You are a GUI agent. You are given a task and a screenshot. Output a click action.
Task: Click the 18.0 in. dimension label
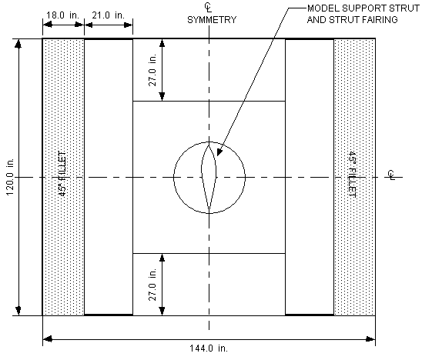coord(62,15)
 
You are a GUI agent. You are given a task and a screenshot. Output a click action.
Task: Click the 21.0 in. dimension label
coord(108,15)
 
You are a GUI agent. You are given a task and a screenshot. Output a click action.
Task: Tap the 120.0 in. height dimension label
coord(10,177)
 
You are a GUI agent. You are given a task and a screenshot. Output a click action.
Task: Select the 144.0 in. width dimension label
coord(209,348)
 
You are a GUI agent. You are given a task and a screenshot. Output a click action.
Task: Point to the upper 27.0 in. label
coord(152,70)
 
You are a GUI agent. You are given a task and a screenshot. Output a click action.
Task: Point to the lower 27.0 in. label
coord(152,285)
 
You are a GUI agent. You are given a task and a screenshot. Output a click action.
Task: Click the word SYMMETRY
coord(212,20)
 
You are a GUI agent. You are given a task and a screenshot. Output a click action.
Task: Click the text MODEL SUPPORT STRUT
coord(363,8)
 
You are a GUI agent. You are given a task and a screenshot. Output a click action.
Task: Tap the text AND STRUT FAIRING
coord(352,20)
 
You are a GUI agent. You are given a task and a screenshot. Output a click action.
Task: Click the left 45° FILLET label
coord(62,173)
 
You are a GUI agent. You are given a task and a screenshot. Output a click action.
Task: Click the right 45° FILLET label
coord(352,175)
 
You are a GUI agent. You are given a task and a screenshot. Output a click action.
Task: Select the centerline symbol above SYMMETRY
coord(208,7)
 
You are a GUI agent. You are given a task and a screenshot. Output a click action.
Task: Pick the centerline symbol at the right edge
coord(391,175)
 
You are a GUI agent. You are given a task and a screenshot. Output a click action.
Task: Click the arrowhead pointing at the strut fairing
coord(219,152)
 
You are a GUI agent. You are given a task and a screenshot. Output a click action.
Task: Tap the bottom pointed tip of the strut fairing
coord(209,210)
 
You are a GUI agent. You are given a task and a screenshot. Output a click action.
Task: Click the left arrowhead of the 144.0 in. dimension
coord(48,339)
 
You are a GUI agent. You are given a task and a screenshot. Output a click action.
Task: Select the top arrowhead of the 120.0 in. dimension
coord(18,44)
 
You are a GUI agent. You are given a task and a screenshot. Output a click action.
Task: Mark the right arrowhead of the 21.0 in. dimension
coord(128,25)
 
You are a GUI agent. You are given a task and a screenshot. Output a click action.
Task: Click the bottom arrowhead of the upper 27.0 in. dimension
coord(162,96)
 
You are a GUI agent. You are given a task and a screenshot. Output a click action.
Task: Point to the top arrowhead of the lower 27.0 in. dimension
coord(162,258)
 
